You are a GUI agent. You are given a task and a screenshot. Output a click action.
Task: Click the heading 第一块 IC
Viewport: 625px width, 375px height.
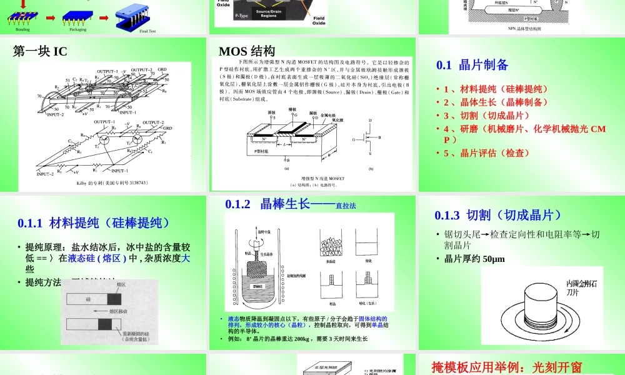click(40, 52)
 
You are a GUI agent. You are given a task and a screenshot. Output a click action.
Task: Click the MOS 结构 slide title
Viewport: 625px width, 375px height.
click(247, 51)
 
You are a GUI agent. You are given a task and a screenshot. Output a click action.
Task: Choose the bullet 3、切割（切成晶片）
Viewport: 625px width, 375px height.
click(486, 116)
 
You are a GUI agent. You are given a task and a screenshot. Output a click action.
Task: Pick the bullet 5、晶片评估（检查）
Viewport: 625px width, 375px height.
click(486, 153)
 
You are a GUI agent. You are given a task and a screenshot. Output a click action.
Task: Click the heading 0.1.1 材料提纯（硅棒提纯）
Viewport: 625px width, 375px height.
click(94, 223)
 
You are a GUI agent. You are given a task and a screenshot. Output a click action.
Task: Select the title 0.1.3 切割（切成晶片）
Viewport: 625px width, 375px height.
click(494, 215)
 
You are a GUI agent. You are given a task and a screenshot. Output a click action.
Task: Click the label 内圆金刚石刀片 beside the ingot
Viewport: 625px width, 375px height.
click(581, 288)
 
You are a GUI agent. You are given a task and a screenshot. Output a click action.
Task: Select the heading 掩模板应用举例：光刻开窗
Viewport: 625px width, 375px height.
click(507, 367)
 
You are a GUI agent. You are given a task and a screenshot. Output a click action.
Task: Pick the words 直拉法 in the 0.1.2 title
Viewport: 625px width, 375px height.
click(346, 206)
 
